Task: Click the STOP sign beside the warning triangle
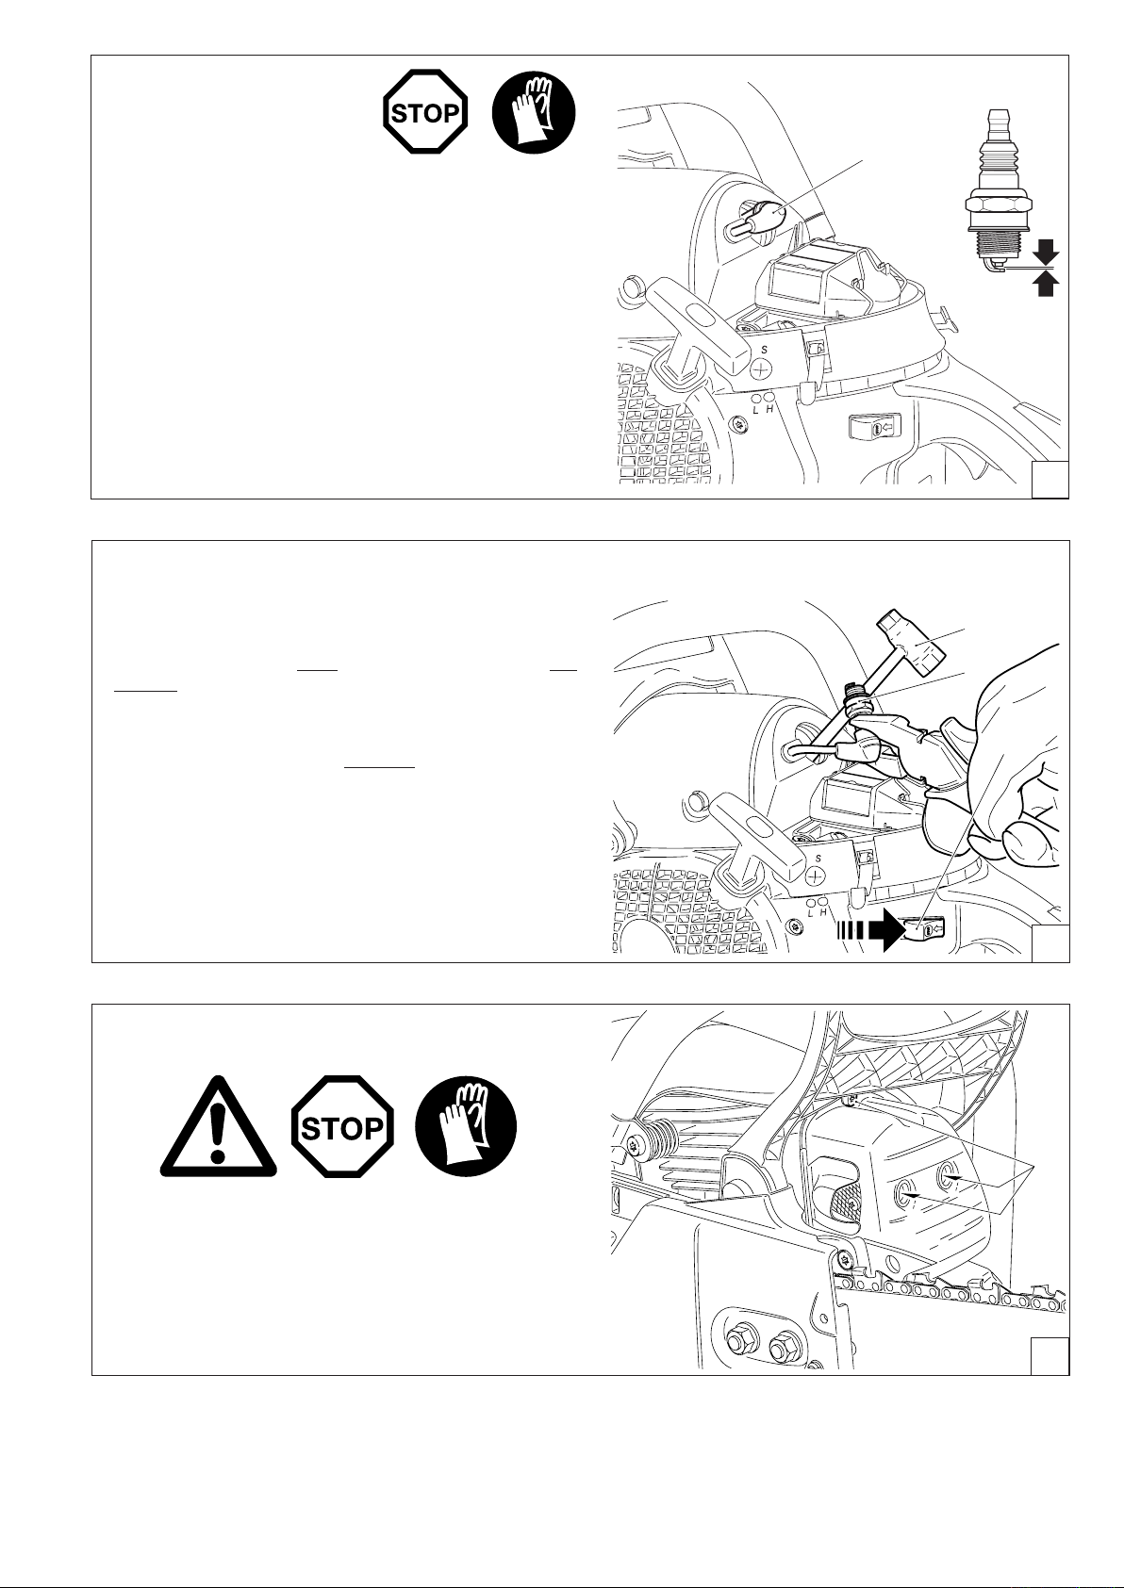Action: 341,1126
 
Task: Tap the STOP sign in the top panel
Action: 424,112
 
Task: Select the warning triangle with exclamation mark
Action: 218,1128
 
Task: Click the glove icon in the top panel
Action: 534,112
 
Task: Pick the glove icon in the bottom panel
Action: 465,1126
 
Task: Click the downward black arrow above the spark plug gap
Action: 1046,252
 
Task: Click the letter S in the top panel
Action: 765,351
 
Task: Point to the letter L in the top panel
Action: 755,410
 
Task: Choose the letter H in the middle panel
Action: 823,912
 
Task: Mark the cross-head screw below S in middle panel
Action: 817,877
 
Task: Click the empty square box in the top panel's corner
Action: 1050,481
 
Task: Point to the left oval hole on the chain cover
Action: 905,1193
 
